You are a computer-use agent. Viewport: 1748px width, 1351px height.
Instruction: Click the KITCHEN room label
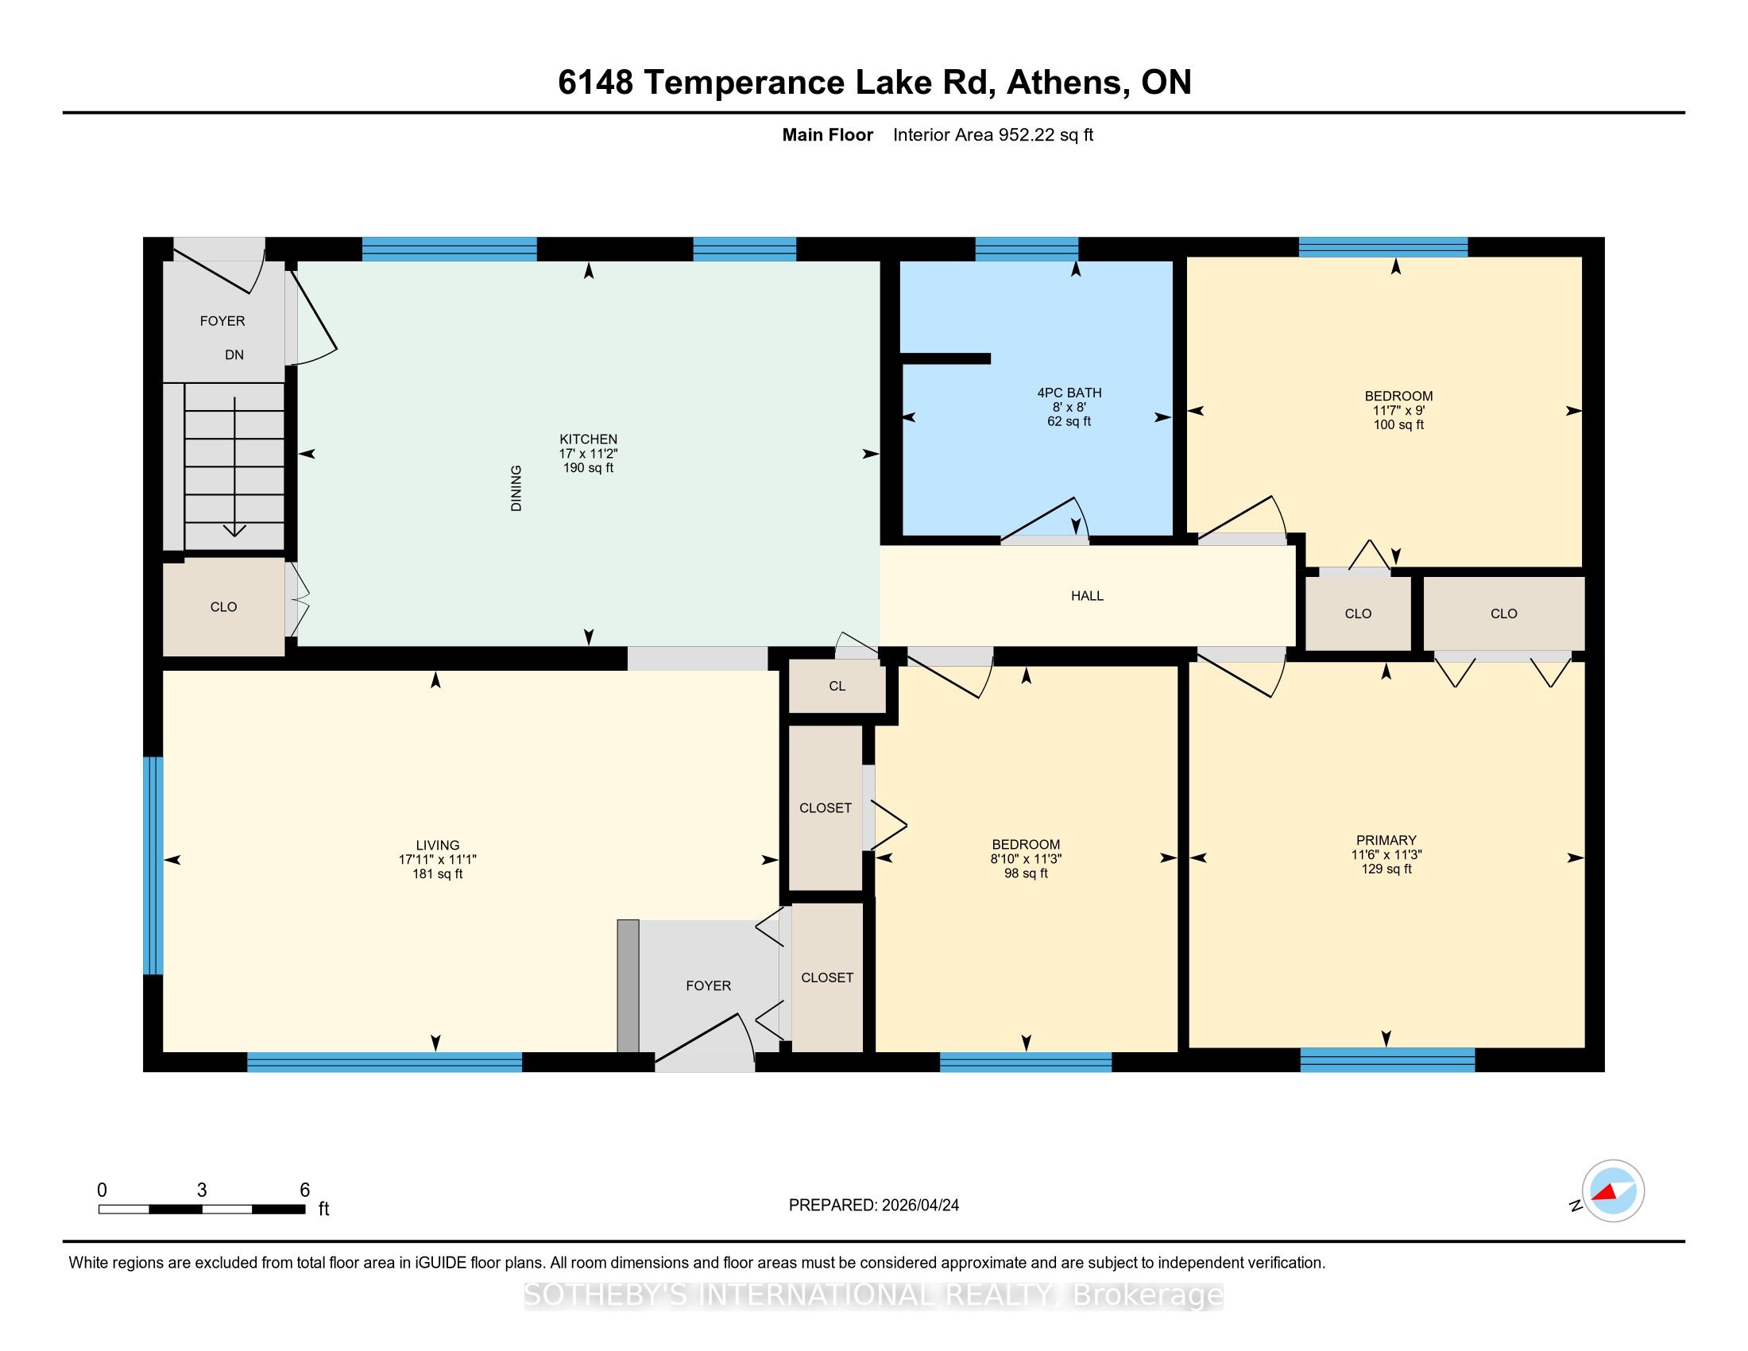point(588,439)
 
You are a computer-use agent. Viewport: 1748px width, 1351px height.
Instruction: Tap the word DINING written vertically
point(516,488)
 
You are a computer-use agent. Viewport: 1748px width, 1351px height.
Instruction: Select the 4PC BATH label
point(1069,392)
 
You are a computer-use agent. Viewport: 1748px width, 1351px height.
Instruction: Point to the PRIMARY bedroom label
point(1386,840)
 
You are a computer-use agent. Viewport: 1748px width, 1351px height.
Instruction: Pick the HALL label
point(1087,595)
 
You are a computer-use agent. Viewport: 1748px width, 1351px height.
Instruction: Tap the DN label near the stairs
point(234,354)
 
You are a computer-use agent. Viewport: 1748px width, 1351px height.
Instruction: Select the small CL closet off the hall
point(837,686)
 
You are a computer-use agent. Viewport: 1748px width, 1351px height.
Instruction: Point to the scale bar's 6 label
point(304,1190)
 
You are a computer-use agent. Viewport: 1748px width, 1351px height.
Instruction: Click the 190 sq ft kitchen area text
point(588,467)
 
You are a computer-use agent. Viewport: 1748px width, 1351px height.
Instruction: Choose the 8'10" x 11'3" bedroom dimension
point(1026,859)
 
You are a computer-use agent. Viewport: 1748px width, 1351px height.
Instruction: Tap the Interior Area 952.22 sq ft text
point(993,134)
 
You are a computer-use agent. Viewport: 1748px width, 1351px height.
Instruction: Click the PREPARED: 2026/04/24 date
point(874,1205)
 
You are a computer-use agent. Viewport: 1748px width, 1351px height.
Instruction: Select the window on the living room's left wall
point(153,866)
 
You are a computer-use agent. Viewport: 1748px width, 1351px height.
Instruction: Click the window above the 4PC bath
point(1027,249)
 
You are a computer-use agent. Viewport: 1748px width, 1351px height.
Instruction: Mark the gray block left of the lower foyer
point(628,986)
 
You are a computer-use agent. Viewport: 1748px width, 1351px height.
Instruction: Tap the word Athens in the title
point(1065,83)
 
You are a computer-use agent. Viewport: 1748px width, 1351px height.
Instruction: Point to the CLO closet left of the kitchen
point(223,607)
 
